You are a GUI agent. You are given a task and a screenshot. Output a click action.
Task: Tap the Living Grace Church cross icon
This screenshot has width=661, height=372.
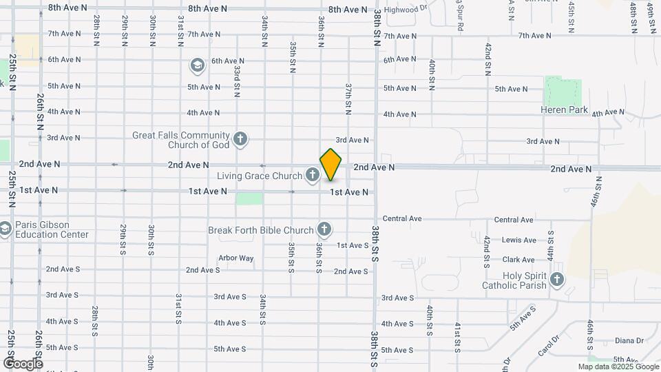312,176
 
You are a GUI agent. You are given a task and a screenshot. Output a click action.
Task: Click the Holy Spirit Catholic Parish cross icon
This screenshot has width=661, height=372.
557,280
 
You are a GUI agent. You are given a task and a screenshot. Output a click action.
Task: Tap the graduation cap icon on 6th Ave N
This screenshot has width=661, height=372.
197,65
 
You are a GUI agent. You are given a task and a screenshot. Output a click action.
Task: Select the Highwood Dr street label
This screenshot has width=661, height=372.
406,10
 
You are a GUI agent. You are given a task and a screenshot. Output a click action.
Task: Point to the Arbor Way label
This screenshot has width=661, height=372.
235,258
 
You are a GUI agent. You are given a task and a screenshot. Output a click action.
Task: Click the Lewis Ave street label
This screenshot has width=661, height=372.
519,240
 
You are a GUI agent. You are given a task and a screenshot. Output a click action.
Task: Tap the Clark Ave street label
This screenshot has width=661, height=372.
518,260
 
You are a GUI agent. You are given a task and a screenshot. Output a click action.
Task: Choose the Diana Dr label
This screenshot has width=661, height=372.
629,340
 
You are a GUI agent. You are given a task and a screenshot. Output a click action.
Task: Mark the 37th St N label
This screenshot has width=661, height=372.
349,99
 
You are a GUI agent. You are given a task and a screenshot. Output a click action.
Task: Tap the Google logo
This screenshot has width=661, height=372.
23,363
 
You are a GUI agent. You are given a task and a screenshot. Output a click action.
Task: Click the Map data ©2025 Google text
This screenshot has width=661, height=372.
618,366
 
